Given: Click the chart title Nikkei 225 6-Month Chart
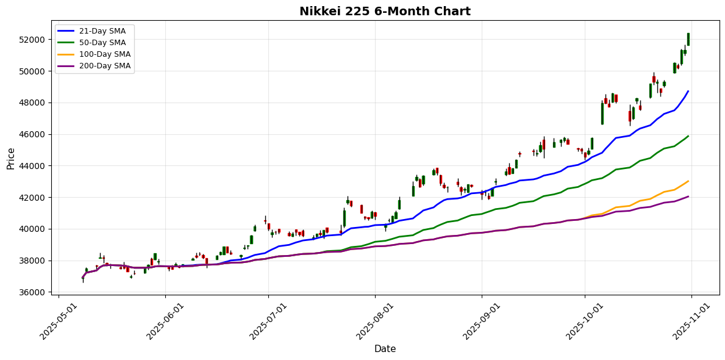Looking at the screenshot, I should [x=385, y=11].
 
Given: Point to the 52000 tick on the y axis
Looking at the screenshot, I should [x=32, y=40].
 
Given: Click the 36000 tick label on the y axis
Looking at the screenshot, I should [x=32, y=293].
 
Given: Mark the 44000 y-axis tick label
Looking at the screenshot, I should [x=32, y=166].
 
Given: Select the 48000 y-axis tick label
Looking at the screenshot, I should [x=32, y=103].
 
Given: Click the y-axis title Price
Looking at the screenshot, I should [x=10, y=157].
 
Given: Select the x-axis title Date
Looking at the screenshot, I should [x=385, y=349].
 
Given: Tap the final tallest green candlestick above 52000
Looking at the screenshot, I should [x=688, y=39].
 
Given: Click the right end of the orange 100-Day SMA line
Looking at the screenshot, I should [x=688, y=181].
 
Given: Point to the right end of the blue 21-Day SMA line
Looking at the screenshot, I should [x=688, y=92].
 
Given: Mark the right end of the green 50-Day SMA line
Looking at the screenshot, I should [x=688, y=136].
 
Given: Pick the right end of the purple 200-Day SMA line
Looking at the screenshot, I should [x=688, y=196].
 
